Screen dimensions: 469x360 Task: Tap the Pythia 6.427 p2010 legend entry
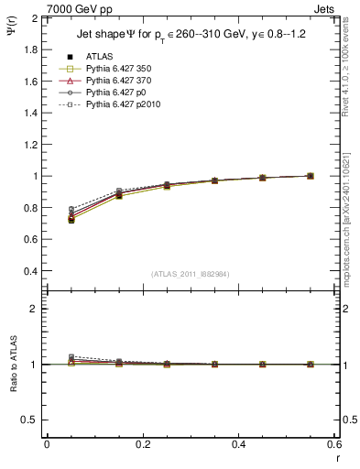(x=113, y=106)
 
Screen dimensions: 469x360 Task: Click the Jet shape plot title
(x=184, y=34)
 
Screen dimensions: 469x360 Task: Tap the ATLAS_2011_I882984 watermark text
(x=190, y=274)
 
